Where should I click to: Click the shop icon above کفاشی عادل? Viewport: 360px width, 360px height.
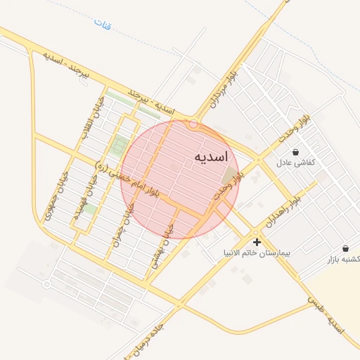295,152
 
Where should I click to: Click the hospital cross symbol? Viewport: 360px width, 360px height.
257,242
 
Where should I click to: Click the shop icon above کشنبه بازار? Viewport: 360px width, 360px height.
345,248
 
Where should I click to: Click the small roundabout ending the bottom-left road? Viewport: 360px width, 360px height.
46,284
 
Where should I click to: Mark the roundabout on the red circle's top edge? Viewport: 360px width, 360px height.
193,127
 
